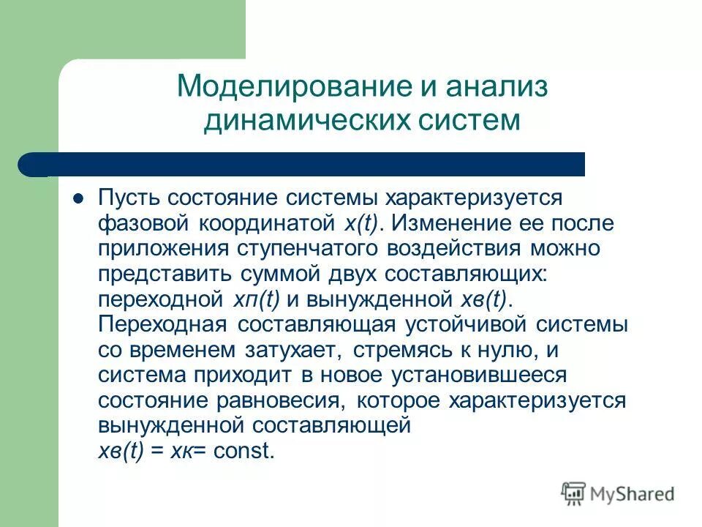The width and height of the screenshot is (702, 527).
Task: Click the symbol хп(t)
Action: tap(256, 299)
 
